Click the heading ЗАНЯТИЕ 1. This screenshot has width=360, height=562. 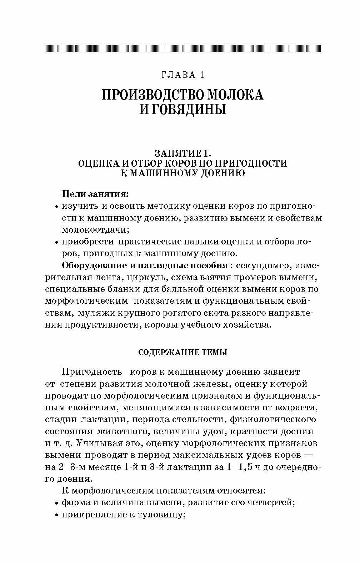182,153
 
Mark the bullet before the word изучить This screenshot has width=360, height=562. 57,207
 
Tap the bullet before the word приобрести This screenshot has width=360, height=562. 57,242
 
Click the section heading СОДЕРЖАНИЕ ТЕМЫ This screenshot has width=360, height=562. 182,353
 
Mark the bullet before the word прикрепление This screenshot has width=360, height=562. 57,516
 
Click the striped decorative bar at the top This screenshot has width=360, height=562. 182,48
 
